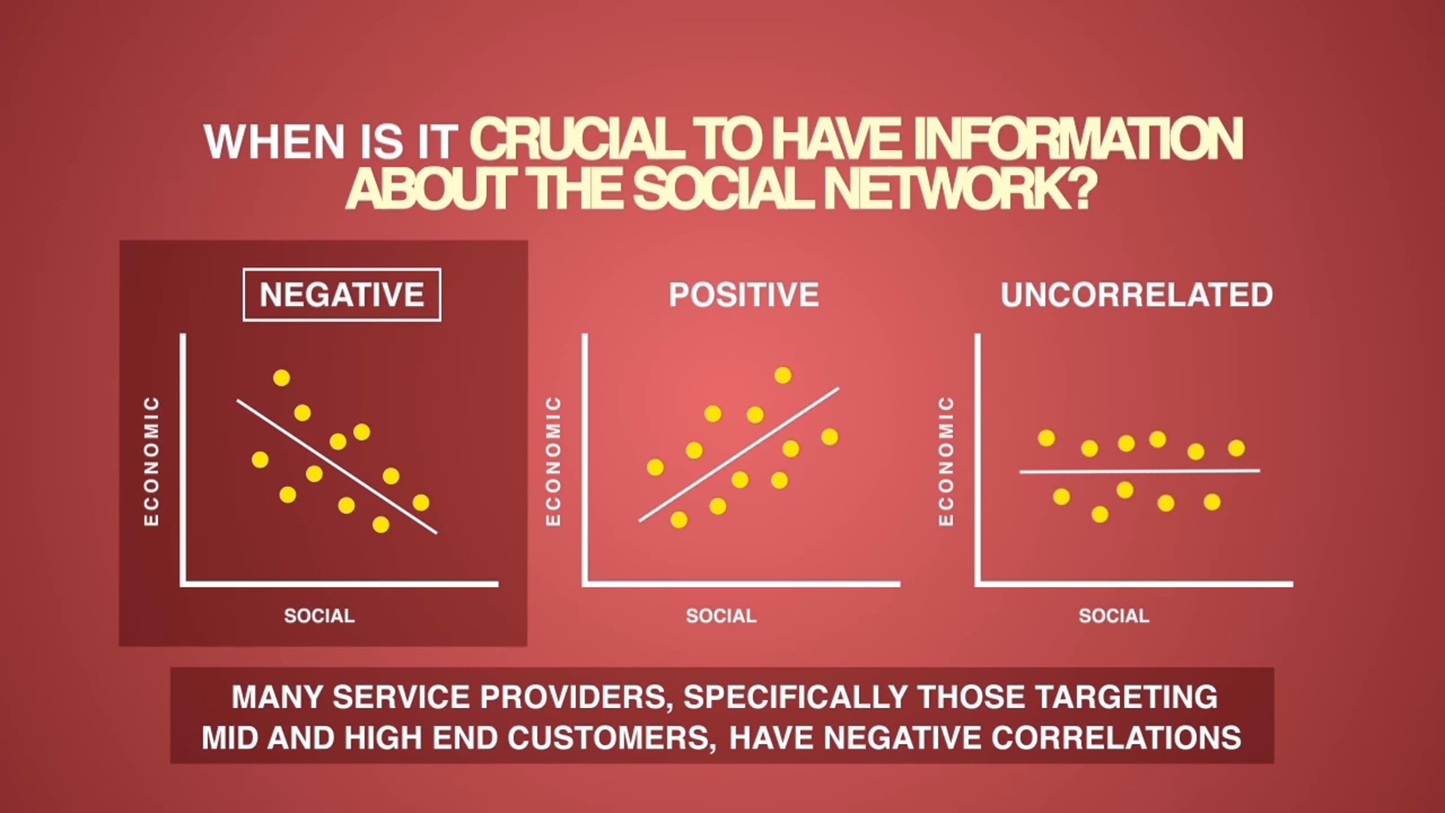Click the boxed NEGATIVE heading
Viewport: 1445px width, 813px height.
pos(342,294)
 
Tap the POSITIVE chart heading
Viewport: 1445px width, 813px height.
pos(744,294)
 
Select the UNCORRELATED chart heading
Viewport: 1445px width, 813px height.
pos(1137,294)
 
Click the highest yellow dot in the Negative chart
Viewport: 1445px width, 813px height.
pos(281,378)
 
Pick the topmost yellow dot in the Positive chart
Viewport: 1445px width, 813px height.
pos(783,375)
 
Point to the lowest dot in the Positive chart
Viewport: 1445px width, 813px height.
pos(679,520)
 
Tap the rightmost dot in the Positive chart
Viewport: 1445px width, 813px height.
pos(830,437)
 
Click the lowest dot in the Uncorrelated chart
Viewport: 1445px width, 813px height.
pos(1100,514)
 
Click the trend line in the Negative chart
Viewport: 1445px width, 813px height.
pos(337,466)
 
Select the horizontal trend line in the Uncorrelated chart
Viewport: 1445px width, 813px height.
pos(1140,472)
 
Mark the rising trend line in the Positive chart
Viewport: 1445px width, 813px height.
pos(739,455)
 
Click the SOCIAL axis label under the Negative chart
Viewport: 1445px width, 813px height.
pos(320,615)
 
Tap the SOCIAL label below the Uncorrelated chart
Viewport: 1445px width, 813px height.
pos(1114,615)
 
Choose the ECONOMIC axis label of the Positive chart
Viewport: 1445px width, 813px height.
pos(553,461)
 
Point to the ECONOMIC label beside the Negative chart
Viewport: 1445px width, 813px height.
pos(152,461)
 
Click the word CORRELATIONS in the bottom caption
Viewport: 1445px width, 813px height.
pos(1116,738)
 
